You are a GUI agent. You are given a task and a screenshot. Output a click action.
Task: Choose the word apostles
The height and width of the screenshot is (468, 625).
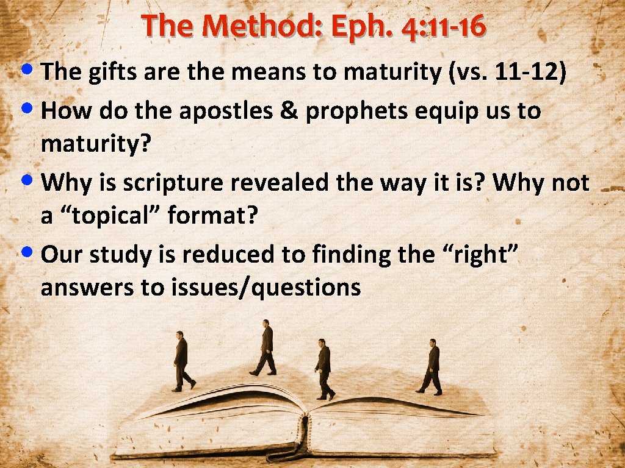221,111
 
